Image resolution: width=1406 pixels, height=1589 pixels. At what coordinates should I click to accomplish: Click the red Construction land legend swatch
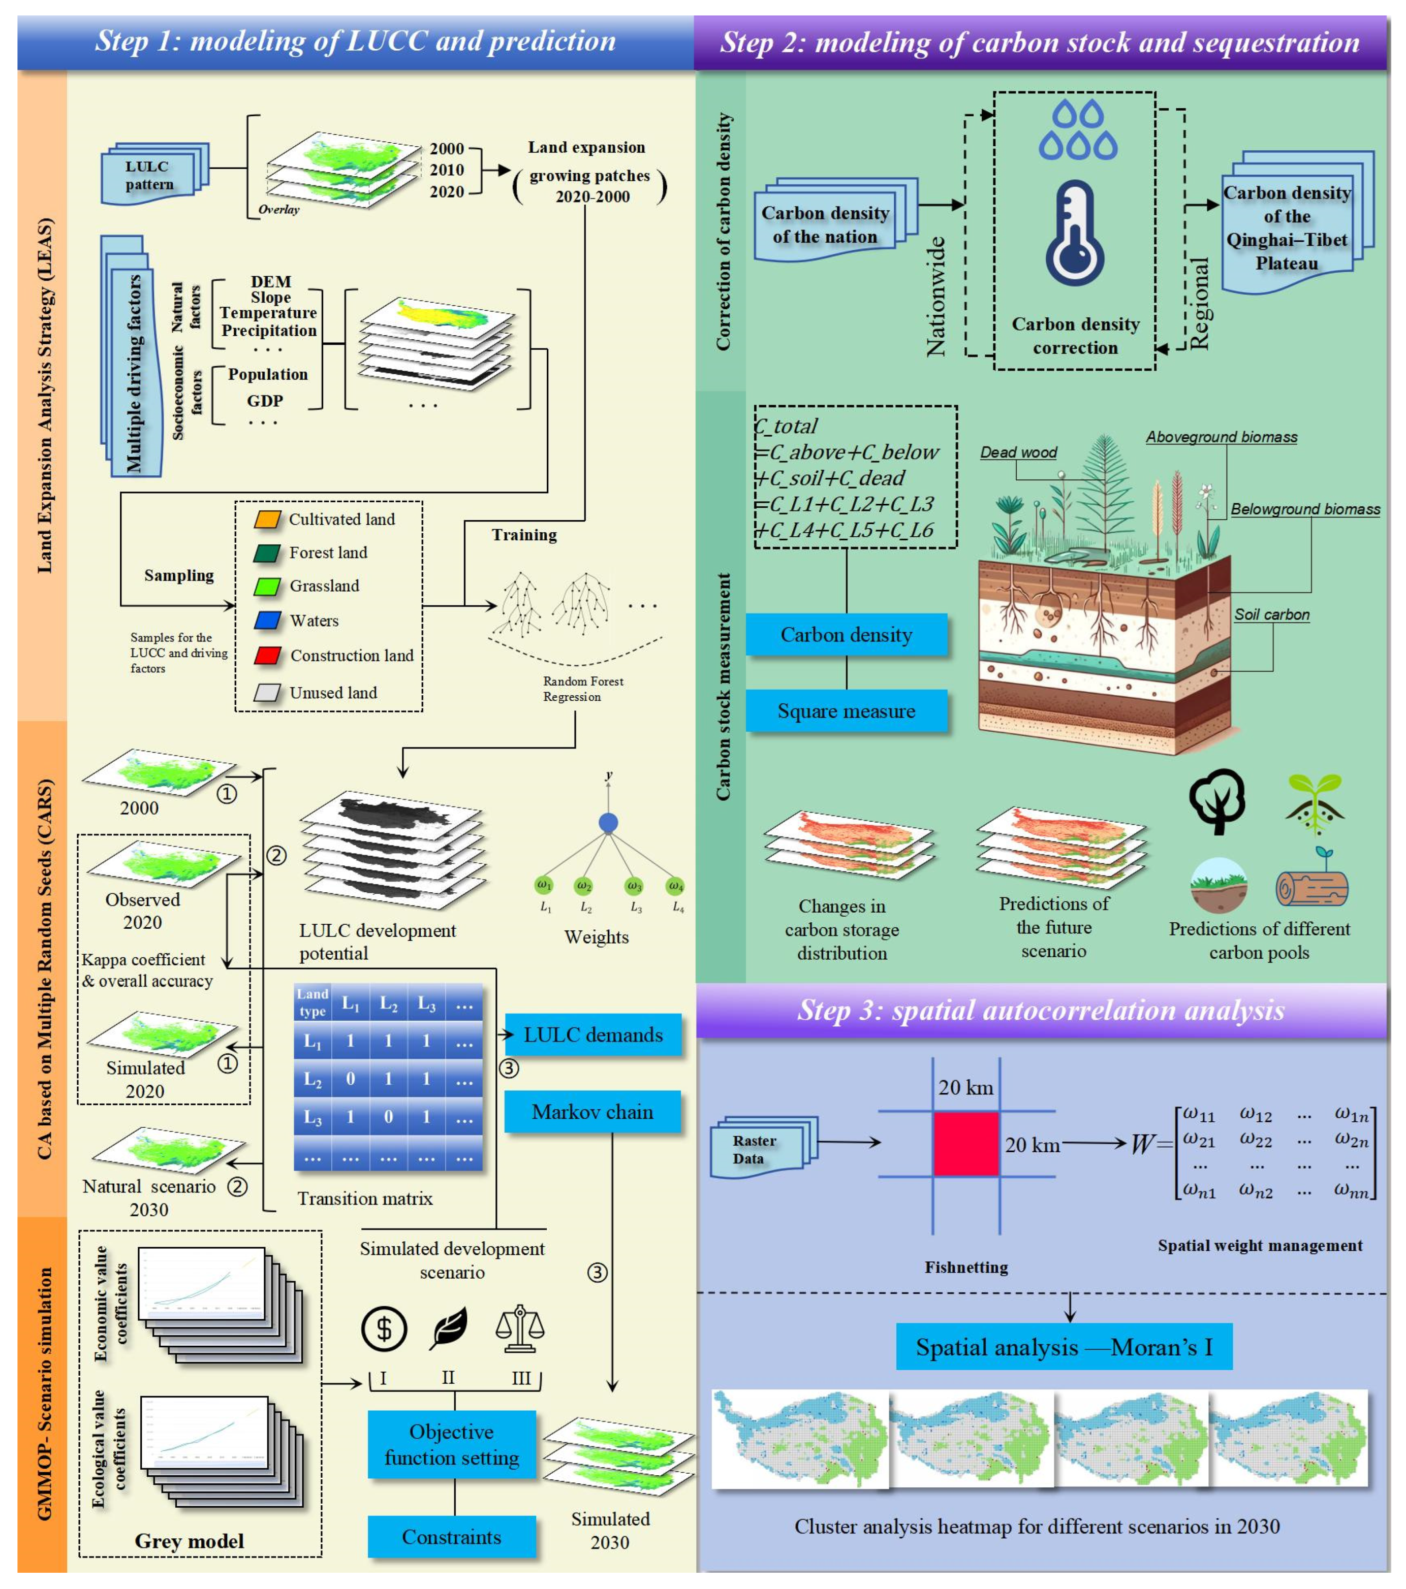coord(267,655)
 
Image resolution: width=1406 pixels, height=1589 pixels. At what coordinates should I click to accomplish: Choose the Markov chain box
coord(592,1112)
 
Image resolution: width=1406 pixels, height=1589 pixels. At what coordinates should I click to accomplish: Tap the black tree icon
coord(1217,801)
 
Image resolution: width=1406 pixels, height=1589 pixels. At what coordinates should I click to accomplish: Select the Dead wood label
coord(1018,452)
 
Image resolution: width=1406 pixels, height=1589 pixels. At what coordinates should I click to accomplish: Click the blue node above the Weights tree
coord(608,823)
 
